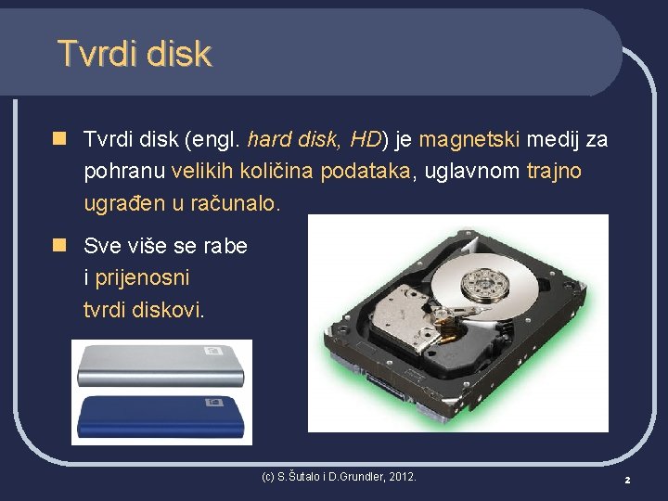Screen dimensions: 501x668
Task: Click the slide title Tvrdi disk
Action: click(x=135, y=54)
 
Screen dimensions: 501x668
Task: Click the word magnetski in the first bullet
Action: click(x=470, y=140)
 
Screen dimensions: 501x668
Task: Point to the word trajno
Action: click(x=554, y=172)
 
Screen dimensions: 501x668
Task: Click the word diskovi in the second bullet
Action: click(x=167, y=309)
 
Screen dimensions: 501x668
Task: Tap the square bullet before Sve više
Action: click(x=60, y=246)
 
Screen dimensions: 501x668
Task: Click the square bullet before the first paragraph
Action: click(x=60, y=140)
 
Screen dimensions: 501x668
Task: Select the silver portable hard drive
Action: click(x=160, y=365)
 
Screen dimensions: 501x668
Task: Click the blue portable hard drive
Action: click(x=160, y=417)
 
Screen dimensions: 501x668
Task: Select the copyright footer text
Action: click(x=339, y=477)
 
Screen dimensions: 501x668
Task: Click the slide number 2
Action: click(x=627, y=480)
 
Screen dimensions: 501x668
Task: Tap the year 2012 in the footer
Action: click(x=401, y=477)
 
